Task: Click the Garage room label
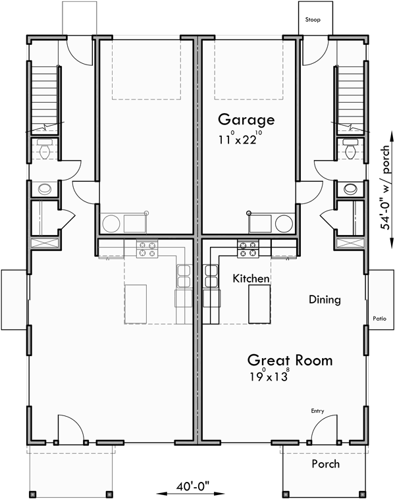(246, 120)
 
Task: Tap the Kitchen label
(251, 278)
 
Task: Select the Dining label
(325, 300)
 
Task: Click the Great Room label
(290, 360)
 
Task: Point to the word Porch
(325, 464)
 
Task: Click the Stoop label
(313, 20)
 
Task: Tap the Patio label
(379, 317)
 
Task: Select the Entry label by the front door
(318, 411)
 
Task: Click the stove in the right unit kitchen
(248, 248)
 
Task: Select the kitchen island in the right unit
(259, 303)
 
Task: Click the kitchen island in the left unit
(136, 303)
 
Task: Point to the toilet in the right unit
(350, 151)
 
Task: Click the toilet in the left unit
(45, 151)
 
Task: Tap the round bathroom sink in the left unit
(45, 189)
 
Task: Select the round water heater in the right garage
(284, 224)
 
